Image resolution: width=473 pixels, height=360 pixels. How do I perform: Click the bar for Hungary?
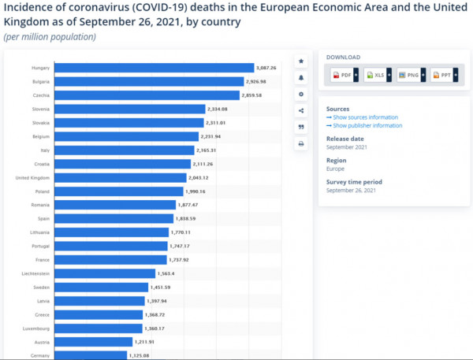coord(154,68)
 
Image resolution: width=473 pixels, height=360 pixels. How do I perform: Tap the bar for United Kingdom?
coord(122,177)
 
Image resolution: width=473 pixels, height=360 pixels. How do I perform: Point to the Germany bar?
coord(91,355)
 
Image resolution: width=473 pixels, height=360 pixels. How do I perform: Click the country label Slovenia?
coord(41,109)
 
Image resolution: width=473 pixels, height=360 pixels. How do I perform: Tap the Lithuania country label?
coord(40,232)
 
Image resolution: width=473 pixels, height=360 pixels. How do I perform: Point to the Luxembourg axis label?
coord(38,328)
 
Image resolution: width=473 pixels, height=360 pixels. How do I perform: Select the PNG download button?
coord(411,75)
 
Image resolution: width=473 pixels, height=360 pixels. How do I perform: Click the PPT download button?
coord(444,75)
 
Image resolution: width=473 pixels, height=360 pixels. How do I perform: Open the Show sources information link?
coord(365,117)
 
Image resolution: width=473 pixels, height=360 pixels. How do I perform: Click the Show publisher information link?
coord(367,125)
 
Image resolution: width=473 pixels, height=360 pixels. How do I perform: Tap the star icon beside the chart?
coord(301,61)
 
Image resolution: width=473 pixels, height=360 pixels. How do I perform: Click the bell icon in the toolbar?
coord(301,78)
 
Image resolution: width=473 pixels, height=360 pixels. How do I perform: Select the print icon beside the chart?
coord(301,144)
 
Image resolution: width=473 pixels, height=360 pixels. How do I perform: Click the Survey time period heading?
coord(354,182)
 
